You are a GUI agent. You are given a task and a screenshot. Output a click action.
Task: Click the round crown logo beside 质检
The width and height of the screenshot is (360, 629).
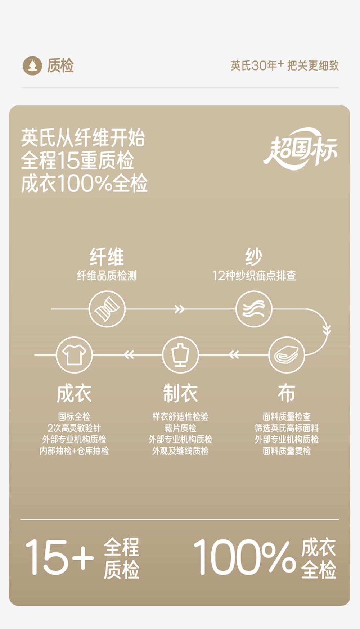tap(32, 66)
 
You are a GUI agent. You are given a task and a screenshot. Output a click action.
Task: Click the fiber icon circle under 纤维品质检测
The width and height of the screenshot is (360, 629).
tap(107, 309)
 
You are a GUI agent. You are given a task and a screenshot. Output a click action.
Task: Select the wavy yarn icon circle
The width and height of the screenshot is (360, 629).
tap(254, 309)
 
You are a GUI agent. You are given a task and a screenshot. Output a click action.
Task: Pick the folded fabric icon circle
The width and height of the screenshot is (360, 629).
tap(287, 355)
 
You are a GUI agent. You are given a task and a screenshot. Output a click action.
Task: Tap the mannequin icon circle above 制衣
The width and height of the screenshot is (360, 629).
tap(180, 355)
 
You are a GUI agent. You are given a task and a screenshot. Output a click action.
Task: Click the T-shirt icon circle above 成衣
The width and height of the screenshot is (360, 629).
tap(74, 355)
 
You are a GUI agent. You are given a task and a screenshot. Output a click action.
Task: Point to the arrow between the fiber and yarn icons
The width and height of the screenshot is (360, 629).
tap(179, 309)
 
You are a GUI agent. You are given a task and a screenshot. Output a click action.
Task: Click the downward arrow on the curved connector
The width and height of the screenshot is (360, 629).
tap(327, 329)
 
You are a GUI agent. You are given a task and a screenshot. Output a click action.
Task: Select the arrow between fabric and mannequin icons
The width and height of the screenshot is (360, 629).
tap(234, 355)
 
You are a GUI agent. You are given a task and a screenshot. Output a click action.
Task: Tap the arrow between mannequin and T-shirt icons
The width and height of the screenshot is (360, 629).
tap(129, 355)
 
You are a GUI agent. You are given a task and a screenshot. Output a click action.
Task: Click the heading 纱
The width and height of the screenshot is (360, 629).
tap(254, 257)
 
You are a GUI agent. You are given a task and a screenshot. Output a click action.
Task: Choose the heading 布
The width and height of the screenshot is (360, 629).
tap(287, 393)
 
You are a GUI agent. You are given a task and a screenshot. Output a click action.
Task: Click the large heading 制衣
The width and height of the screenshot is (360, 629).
tap(180, 393)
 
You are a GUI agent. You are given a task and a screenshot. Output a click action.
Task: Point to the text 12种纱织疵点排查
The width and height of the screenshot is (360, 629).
tap(254, 276)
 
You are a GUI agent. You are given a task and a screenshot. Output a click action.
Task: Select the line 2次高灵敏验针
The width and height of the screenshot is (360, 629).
tap(74, 428)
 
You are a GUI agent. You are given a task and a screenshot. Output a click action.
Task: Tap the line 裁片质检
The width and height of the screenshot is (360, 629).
tap(180, 428)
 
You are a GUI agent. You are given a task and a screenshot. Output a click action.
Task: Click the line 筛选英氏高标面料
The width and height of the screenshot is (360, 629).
tap(287, 428)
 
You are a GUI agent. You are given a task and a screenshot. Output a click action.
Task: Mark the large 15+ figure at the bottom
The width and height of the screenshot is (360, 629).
tap(59, 557)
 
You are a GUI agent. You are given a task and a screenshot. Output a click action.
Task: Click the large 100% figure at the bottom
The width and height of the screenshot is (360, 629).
tap(245, 557)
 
